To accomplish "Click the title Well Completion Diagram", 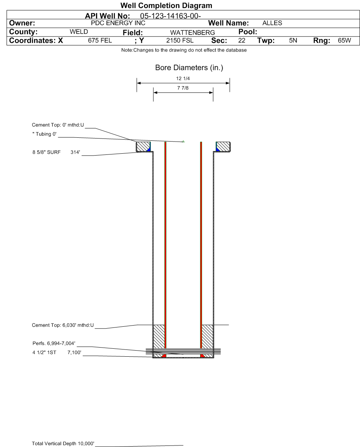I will (166, 6).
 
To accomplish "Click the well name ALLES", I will (272, 23).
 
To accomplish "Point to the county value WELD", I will (79, 32).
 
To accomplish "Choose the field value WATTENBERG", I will (192, 33).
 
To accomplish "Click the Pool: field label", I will (248, 32).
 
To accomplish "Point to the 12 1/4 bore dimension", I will (183, 79).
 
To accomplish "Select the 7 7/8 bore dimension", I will (183, 88).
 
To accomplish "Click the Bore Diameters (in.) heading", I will (189, 68).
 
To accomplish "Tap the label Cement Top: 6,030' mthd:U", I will (63, 325).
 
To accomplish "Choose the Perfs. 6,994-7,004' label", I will (54, 344).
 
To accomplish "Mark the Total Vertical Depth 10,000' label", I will (63, 444).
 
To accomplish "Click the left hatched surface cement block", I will (143, 146).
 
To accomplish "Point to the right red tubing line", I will (201, 247).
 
